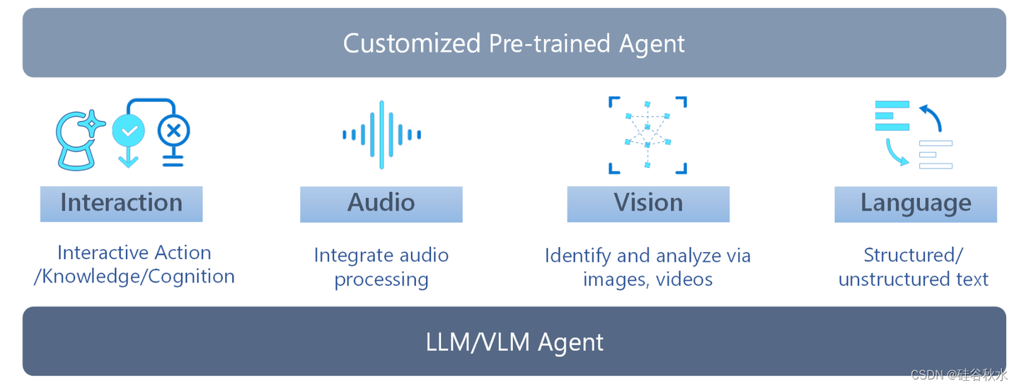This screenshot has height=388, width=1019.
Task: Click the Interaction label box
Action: [121, 203]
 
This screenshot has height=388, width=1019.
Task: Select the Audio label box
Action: [381, 203]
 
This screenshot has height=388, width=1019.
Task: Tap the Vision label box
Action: [647, 203]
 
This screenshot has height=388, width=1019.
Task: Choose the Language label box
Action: [915, 204]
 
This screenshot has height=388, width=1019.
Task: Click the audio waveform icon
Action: [381, 135]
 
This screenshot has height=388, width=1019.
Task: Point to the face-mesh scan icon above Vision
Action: [647, 135]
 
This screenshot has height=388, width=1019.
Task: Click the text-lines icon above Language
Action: [914, 135]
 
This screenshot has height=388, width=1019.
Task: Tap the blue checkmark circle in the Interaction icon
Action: [128, 130]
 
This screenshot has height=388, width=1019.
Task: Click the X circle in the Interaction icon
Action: [173, 130]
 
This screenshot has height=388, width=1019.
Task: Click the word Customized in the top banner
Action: [412, 44]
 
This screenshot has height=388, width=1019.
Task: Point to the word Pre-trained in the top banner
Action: [540, 44]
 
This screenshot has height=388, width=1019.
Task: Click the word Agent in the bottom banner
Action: [570, 343]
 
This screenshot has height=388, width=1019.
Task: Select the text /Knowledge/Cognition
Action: [134, 276]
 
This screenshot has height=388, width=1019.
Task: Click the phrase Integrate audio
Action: [381, 255]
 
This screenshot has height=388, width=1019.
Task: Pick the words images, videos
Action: [647, 279]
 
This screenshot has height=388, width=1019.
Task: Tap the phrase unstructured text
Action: [913, 279]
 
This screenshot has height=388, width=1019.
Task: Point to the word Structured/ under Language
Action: [913, 255]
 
